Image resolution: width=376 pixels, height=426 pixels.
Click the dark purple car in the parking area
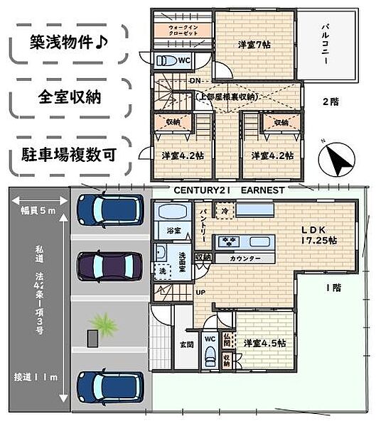110,268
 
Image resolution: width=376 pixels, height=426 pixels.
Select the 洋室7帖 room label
254,45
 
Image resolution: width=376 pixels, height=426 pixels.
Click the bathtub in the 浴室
170,213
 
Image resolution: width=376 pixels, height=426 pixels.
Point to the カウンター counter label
244,258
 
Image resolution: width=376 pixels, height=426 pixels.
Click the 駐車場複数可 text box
68,153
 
